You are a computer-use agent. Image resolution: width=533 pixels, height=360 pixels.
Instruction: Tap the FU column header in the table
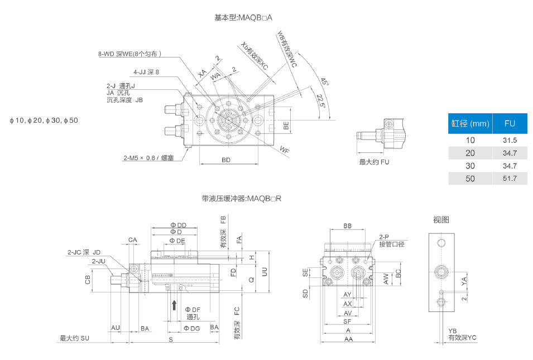(509, 123)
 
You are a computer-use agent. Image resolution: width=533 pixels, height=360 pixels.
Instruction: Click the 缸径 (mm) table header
(470, 123)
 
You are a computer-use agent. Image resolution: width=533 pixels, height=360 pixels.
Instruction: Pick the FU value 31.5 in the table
(509, 141)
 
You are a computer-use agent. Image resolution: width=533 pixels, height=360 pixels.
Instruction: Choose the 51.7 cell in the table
(509, 179)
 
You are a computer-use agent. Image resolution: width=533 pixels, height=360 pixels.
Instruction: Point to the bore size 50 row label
(470, 179)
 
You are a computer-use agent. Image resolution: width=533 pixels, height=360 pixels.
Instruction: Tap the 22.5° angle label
(320, 102)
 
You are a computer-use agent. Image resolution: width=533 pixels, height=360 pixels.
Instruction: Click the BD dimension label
(226, 160)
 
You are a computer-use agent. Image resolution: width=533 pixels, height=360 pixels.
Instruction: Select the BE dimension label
(286, 126)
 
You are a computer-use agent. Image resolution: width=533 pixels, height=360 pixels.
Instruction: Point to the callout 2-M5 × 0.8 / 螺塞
(148, 158)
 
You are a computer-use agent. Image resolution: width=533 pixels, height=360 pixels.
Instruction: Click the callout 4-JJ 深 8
(146, 72)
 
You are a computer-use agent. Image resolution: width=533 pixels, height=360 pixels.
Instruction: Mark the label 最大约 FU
(374, 162)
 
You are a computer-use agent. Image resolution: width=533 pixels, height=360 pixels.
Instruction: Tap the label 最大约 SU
(75, 338)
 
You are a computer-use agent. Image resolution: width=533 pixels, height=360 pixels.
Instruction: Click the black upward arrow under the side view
(174, 305)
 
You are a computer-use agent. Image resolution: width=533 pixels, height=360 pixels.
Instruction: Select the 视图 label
(441, 219)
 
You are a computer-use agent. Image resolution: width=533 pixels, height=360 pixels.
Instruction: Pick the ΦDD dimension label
(178, 225)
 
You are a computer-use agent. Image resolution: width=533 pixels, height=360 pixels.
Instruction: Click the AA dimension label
(348, 339)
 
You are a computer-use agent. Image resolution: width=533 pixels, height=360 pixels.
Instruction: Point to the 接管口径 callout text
(391, 244)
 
